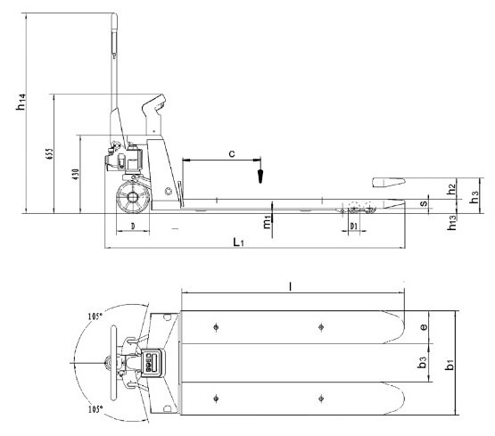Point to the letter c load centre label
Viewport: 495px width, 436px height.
(x=231, y=154)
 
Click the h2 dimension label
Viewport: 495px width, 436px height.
(x=452, y=188)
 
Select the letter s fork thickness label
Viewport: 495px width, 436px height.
(x=424, y=205)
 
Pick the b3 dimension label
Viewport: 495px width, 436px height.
(x=425, y=364)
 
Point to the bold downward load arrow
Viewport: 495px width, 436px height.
(x=260, y=171)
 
